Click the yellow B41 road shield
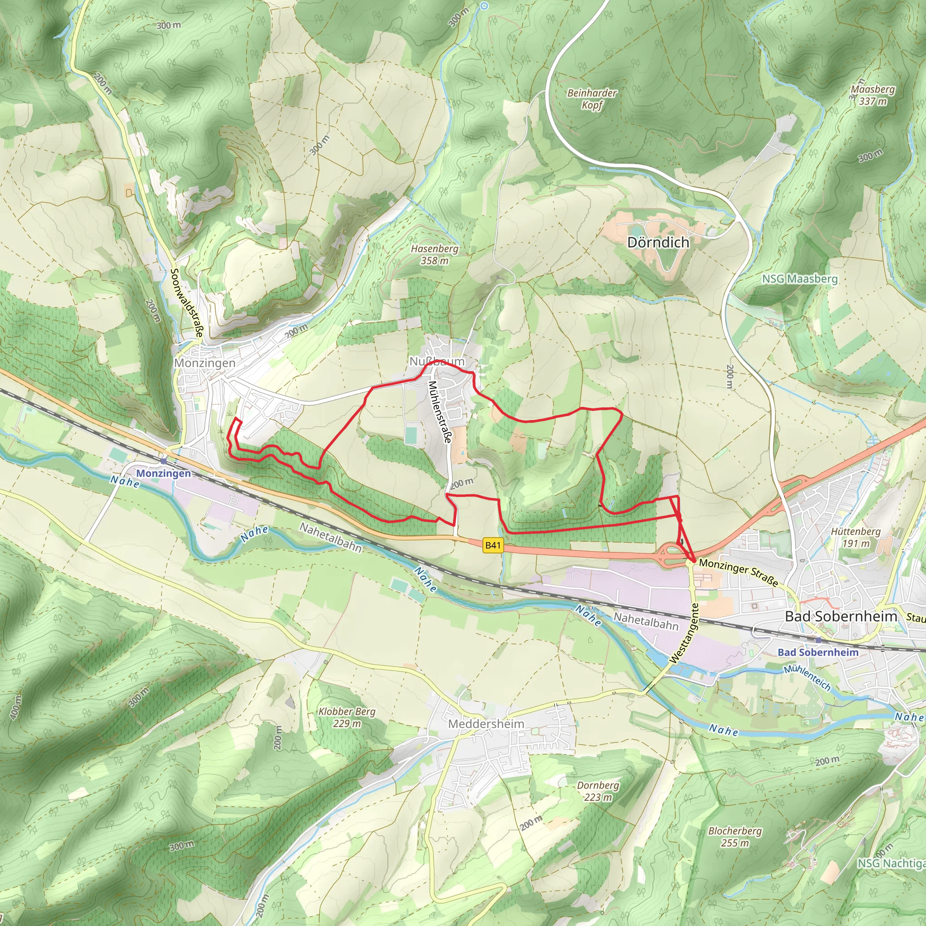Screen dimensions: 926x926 point(493,545)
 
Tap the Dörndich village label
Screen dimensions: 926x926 point(658,242)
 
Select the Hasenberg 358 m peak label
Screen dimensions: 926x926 point(434,255)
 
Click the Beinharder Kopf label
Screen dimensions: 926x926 point(592,99)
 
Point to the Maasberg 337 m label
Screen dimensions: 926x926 point(872,95)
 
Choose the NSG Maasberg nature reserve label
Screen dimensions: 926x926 point(799,279)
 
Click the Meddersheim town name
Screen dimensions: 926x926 point(486,724)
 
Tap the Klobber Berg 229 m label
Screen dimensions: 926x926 point(347,718)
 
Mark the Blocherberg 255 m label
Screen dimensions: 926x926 point(735,837)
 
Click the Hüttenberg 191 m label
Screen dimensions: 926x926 point(855,537)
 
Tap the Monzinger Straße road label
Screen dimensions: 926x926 point(738,572)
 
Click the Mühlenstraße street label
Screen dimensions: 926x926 point(439,412)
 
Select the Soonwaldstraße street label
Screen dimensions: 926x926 point(187,303)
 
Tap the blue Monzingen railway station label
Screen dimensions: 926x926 point(163,473)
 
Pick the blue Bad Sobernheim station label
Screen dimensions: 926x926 point(817,652)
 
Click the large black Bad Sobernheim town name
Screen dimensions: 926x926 point(841,617)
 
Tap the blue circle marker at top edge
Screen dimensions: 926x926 point(484,6)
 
